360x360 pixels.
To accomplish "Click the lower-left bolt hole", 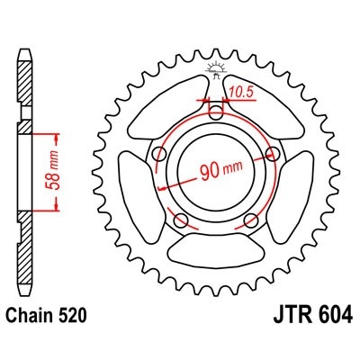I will (182, 220).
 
